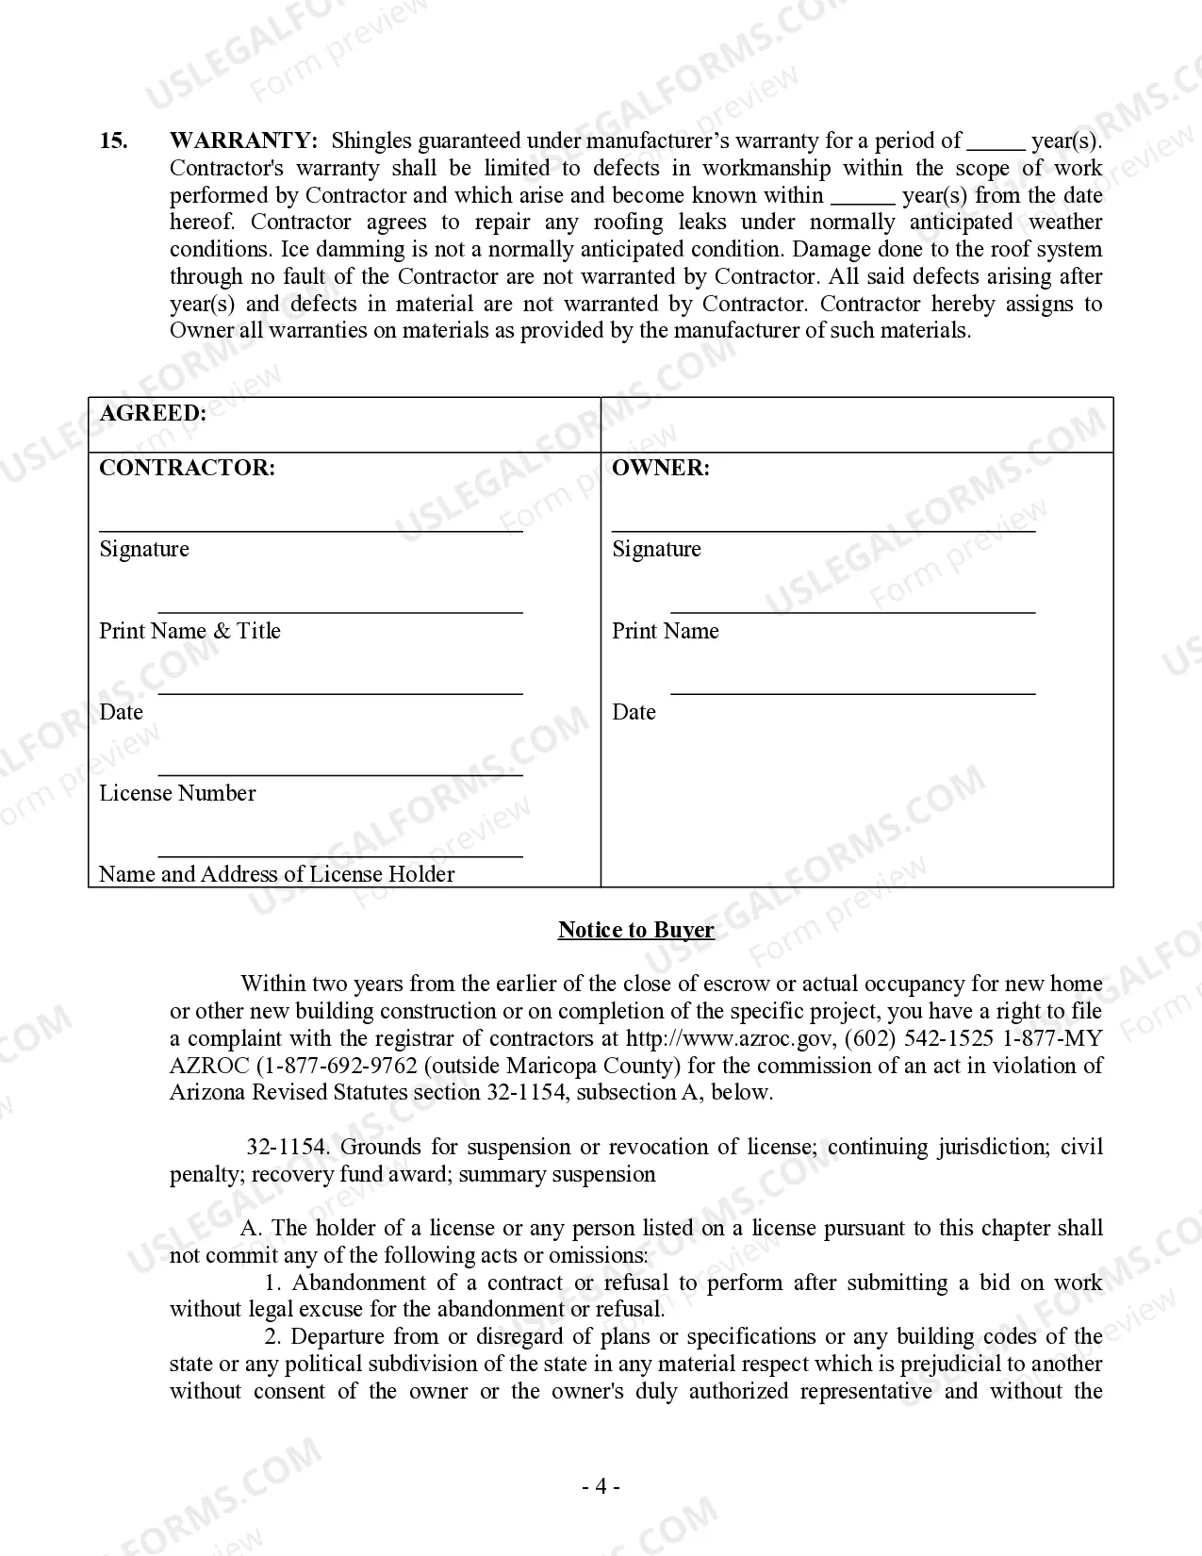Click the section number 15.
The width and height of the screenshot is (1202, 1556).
click(x=113, y=141)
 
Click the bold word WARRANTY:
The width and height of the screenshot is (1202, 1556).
click(x=243, y=141)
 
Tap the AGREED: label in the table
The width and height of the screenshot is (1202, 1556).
click(x=153, y=413)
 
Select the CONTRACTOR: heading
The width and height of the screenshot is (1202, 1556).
click(x=187, y=468)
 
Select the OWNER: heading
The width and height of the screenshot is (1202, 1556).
click(x=661, y=468)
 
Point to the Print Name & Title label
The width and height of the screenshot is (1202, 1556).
click(x=189, y=631)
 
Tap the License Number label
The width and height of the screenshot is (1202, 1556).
click(x=177, y=793)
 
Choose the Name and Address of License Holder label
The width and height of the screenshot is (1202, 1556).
click(x=276, y=874)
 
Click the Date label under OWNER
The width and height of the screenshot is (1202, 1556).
click(x=634, y=712)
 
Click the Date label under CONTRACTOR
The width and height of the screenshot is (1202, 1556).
click(x=121, y=712)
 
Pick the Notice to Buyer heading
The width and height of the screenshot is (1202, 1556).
click(x=635, y=930)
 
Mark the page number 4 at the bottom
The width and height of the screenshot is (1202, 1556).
click(x=601, y=1487)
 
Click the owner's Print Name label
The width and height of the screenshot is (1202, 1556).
click(x=665, y=631)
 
